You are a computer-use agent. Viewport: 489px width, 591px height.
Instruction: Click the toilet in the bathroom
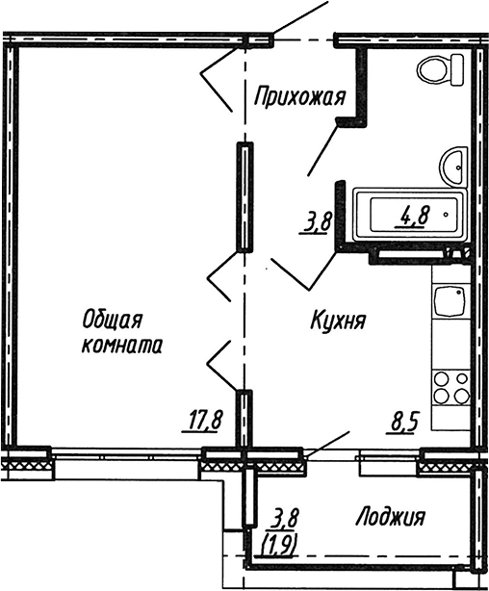(x=440, y=70)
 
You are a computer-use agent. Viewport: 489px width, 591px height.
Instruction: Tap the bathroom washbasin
(x=453, y=167)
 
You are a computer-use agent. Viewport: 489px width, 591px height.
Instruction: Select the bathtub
(x=410, y=215)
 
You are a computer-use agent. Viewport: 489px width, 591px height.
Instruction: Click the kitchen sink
(x=449, y=301)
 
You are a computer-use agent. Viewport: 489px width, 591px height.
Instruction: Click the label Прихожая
(x=299, y=97)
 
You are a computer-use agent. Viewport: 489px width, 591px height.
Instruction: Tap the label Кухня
(x=338, y=321)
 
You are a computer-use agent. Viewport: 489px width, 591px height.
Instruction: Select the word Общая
(x=113, y=321)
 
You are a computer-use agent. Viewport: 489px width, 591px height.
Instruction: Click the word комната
(x=122, y=346)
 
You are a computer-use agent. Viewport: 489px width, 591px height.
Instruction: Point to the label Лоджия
(x=390, y=517)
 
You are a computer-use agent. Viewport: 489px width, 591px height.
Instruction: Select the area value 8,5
(x=405, y=424)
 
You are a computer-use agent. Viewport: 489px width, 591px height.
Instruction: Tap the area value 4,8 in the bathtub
(x=413, y=218)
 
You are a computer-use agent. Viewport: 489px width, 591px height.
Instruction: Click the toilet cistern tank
(x=457, y=70)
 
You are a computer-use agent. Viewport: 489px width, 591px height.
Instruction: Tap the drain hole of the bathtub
(x=446, y=215)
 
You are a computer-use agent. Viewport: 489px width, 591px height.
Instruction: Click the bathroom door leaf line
(x=322, y=148)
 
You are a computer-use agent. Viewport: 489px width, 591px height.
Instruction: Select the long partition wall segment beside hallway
(x=244, y=196)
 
